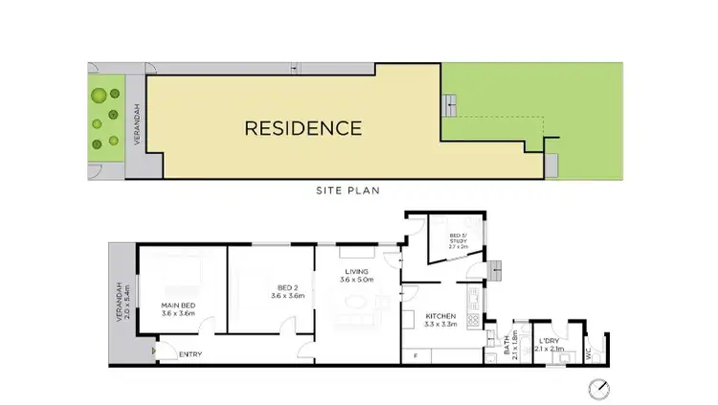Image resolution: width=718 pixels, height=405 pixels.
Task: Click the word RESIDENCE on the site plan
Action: [302, 127]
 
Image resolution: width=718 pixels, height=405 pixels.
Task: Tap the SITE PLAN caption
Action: [348, 191]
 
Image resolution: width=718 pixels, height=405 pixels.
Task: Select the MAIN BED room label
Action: [177, 306]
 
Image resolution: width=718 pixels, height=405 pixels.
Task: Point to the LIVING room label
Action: [358, 272]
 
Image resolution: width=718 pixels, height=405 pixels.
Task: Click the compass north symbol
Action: [600, 386]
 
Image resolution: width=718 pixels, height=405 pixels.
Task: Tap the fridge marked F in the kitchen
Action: [415, 356]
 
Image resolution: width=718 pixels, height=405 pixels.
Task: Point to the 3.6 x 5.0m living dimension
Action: [358, 281]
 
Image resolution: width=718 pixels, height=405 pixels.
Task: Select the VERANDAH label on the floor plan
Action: [120, 300]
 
